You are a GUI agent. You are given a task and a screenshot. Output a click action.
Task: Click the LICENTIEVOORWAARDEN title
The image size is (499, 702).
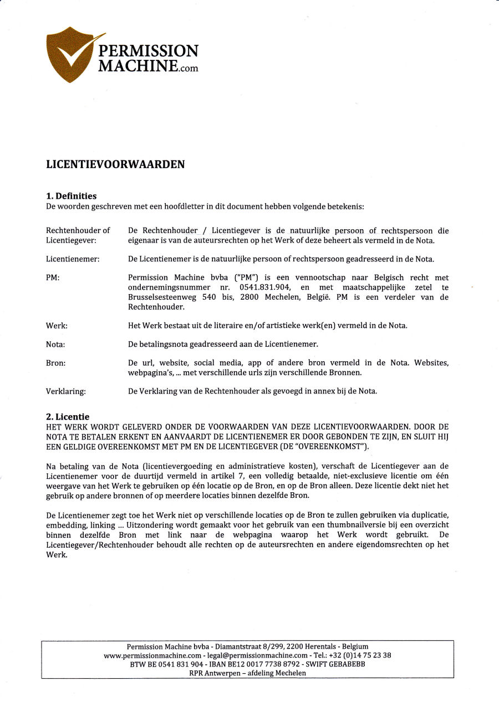click(x=115, y=164)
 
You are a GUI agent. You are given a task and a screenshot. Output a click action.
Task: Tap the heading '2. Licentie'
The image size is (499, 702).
click(x=68, y=417)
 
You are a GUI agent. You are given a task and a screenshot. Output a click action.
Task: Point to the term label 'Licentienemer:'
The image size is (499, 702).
click(x=73, y=259)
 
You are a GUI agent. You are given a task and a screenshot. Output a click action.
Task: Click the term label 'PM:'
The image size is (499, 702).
click(x=53, y=277)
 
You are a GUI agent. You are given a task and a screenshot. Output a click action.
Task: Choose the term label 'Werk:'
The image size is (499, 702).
click(x=57, y=326)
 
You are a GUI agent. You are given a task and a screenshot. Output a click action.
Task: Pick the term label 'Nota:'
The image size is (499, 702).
click(x=55, y=345)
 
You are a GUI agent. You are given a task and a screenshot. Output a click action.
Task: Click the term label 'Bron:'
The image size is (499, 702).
click(x=55, y=363)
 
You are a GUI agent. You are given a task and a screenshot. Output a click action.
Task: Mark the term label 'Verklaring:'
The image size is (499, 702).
click(x=65, y=391)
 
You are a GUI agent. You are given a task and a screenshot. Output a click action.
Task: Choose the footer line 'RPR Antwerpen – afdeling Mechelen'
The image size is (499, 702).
click(x=247, y=673)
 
